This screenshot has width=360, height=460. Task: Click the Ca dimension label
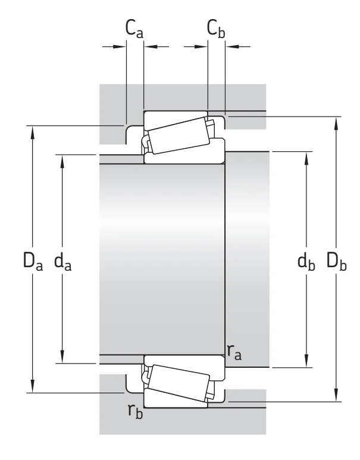click(x=134, y=29)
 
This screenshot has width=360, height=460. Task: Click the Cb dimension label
click(x=216, y=29)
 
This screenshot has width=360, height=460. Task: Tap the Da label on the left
click(x=33, y=261)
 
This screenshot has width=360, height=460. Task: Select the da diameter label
click(x=63, y=261)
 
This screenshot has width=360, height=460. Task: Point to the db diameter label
click(x=306, y=261)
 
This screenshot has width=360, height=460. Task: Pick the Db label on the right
click(x=337, y=261)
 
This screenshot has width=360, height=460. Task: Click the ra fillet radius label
click(x=234, y=352)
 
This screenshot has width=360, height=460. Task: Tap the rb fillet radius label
click(x=136, y=411)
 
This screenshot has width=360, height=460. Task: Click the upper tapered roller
click(x=179, y=135)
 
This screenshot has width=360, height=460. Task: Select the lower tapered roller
click(x=179, y=383)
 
